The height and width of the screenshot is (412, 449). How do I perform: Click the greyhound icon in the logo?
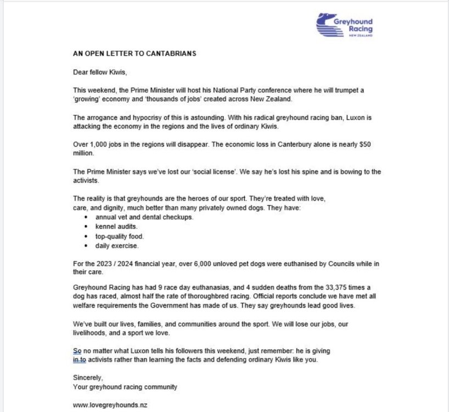(328, 24)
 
